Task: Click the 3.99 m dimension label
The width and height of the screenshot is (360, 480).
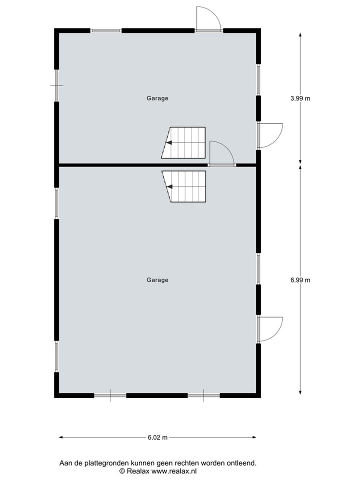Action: pyautogui.click(x=300, y=98)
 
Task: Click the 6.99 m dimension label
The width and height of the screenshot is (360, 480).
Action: pyautogui.click(x=300, y=280)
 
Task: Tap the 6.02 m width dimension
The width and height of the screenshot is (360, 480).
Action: pyautogui.click(x=157, y=437)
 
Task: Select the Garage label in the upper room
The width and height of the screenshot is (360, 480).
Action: pyautogui.click(x=157, y=98)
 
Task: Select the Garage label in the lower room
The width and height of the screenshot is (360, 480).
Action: pyautogui.click(x=157, y=280)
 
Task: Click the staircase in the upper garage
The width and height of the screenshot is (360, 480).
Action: pyautogui.click(x=183, y=142)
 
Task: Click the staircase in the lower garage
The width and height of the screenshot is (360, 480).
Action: pyautogui.click(x=184, y=186)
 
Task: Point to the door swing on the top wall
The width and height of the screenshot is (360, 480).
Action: pyautogui.click(x=208, y=19)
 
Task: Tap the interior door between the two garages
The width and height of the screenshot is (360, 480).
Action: pyautogui.click(x=221, y=153)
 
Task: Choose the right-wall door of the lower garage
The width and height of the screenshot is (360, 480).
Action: pyautogui.click(x=269, y=329)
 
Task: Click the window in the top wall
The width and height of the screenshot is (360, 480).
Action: pyautogui.click(x=105, y=30)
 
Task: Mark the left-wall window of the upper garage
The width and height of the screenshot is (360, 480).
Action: pyautogui.click(x=56, y=85)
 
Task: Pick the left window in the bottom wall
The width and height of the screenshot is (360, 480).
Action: pyautogui.click(x=110, y=395)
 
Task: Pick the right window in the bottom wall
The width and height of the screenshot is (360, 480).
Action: pyautogui.click(x=203, y=395)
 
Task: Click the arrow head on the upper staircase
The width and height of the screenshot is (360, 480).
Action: pyautogui.click(x=169, y=142)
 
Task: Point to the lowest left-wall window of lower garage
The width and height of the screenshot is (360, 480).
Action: pyautogui.click(x=56, y=356)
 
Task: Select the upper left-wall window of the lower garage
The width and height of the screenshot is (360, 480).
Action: pyautogui.click(x=56, y=203)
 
